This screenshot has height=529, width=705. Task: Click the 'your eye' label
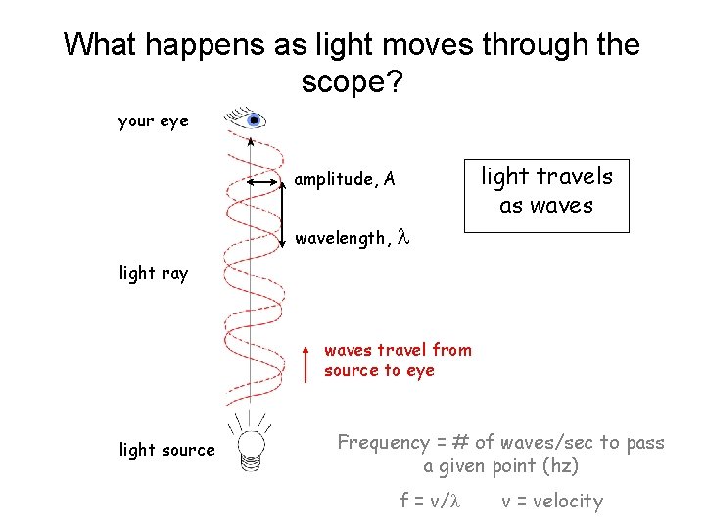[153, 121]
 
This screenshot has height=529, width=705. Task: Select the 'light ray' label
[153, 273]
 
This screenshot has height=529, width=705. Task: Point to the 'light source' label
[166, 450]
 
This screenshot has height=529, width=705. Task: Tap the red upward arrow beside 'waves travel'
[306, 361]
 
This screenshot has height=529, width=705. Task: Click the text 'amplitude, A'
[345, 179]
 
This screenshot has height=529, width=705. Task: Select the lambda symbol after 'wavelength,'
[401, 237]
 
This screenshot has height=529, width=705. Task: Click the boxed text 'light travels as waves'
[546, 191]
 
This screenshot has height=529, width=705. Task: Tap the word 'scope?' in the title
[352, 83]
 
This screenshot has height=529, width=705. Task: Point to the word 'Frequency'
[384, 443]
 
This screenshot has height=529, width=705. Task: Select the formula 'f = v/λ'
[429, 501]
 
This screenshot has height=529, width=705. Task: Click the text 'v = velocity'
[552, 501]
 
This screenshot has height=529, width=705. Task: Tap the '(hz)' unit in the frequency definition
[560, 465]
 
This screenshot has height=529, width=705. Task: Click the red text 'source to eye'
[379, 370]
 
